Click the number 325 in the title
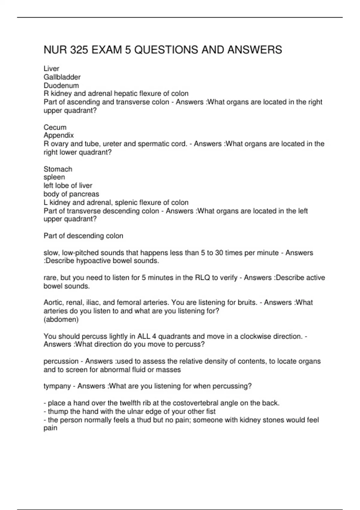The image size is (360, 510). coord(79,50)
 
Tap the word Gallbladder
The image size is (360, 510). coord(62,77)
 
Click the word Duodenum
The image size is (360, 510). coord(61,85)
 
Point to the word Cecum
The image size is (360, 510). coord(55,127)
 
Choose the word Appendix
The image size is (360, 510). coord(58,135)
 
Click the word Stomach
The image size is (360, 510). coord(58,169)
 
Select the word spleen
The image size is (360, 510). coord(54,177)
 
